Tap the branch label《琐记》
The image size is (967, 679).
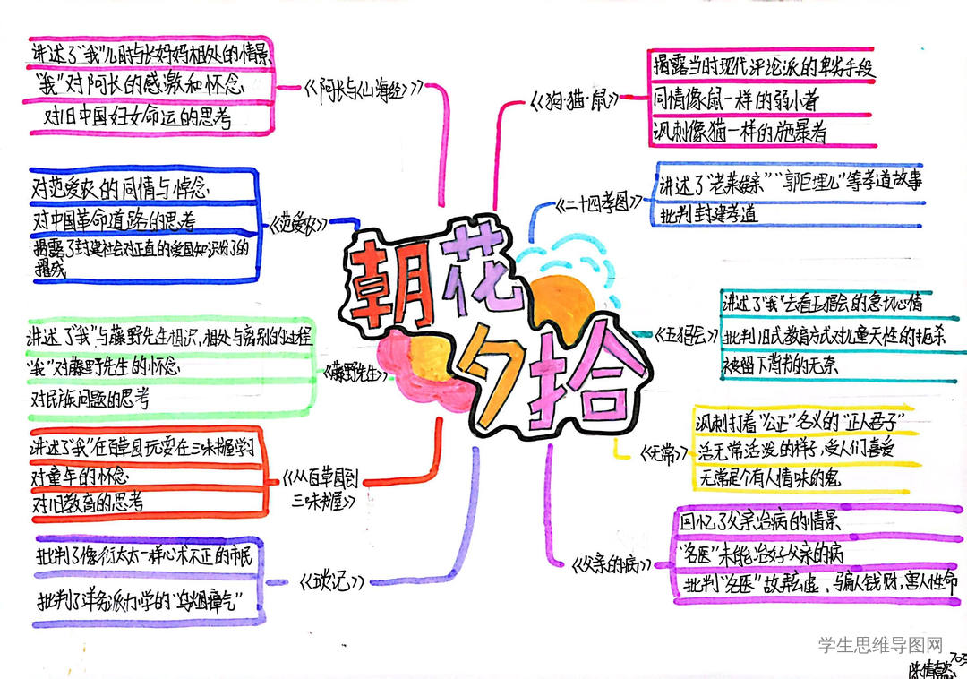coord(333,580)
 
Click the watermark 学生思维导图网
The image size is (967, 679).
coord(881,644)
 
